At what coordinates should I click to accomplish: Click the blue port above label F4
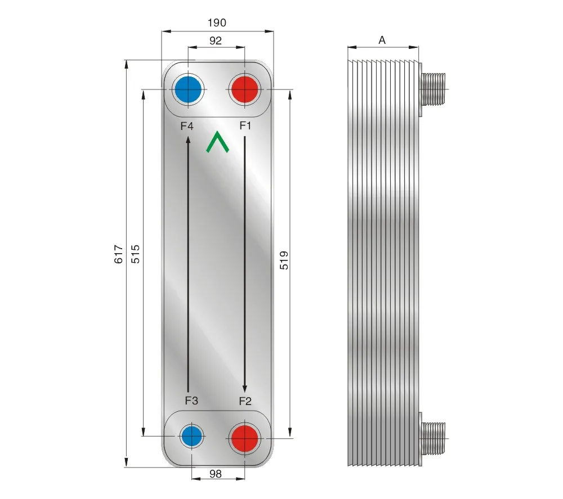coord(188,89)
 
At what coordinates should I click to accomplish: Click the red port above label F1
coord(245,89)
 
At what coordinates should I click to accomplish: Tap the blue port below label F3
coord(191,435)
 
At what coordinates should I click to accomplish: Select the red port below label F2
coord(245,436)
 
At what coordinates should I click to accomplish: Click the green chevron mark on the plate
coord(217,143)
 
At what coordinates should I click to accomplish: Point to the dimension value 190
coord(217,23)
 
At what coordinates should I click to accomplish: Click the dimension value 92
coord(216,40)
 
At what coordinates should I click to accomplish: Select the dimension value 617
coord(118,255)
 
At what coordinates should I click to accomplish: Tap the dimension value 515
coord(135,255)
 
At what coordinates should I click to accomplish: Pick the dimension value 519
coord(284,260)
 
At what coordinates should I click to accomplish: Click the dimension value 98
coord(215,474)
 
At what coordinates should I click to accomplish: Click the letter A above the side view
coord(382,40)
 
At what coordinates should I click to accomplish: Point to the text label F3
coord(191,401)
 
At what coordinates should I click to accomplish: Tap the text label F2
coord(245,401)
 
